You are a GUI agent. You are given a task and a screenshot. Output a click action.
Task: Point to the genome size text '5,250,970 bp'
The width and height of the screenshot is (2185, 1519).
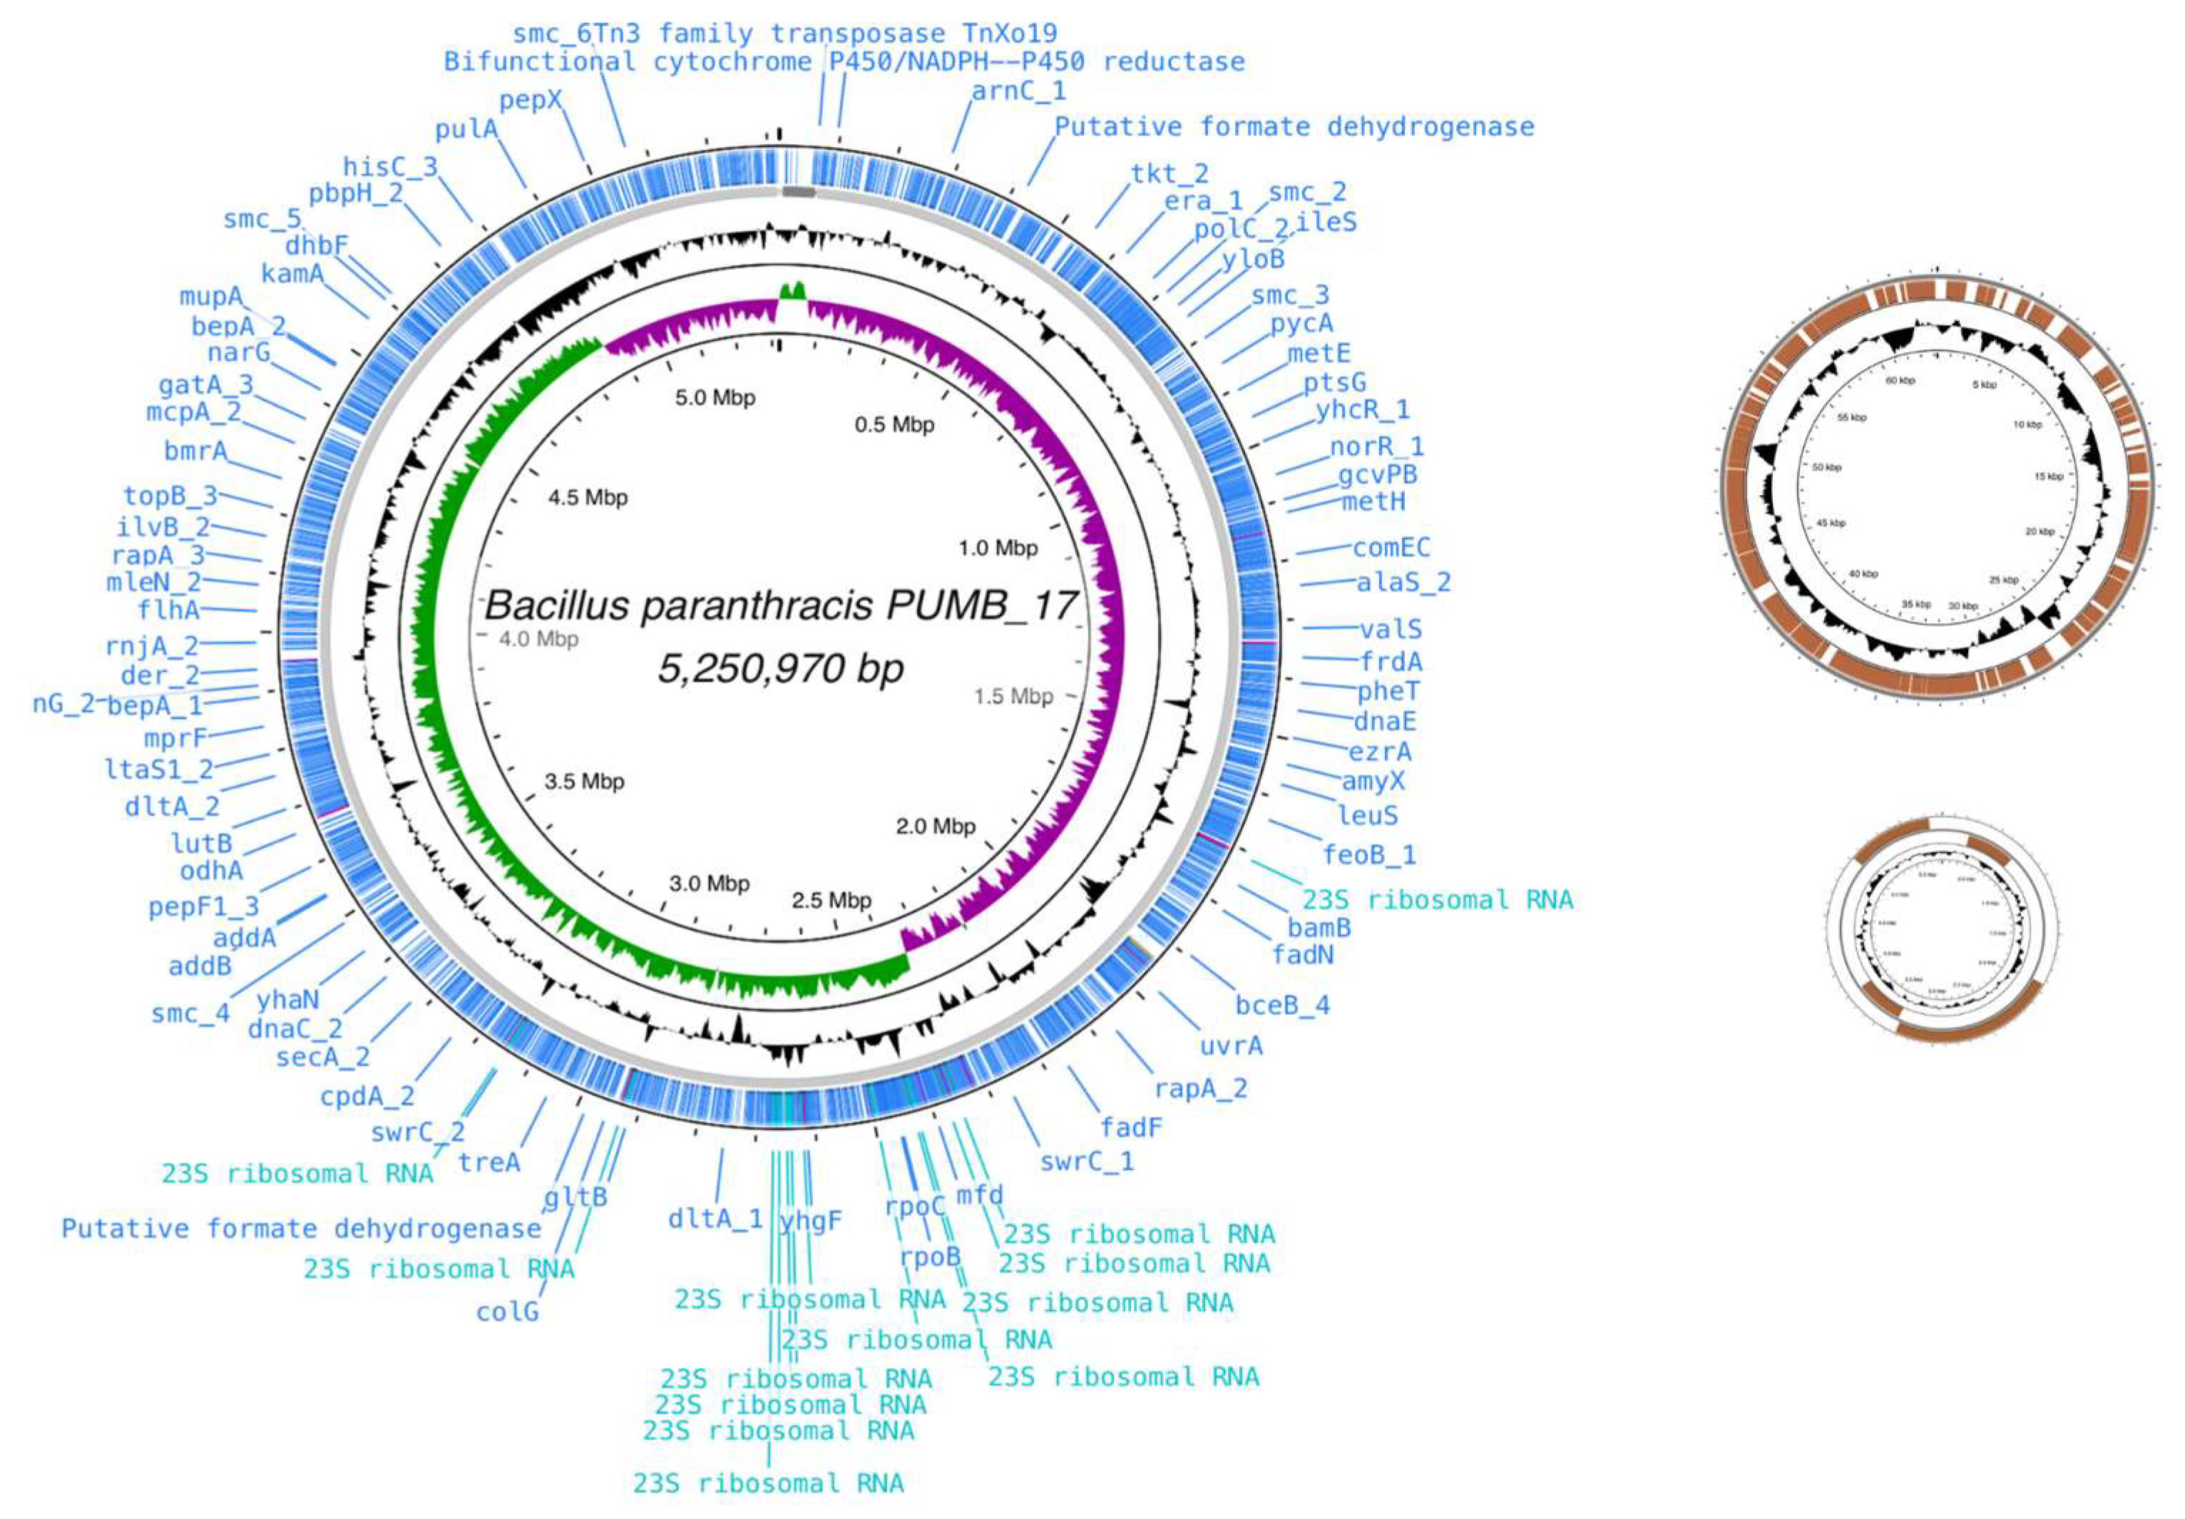pyautogui.click(x=780, y=669)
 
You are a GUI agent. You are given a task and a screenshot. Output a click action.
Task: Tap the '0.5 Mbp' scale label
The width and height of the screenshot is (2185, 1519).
pyautogui.click(x=894, y=424)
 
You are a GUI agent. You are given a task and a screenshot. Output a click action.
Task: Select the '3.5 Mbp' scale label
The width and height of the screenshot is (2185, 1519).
pyautogui.click(x=584, y=782)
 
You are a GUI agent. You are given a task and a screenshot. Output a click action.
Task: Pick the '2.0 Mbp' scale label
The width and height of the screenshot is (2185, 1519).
pyautogui.click(x=936, y=826)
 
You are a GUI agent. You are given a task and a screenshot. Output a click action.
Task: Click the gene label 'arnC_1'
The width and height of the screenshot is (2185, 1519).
pyautogui.click(x=1018, y=91)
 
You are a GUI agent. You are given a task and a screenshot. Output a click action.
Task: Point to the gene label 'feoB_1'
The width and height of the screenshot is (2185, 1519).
pyautogui.click(x=1369, y=854)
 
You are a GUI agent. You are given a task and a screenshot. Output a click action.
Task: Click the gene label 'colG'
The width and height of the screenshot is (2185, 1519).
pyautogui.click(x=507, y=1311)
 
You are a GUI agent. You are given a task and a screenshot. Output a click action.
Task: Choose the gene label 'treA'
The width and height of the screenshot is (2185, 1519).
pyautogui.click(x=489, y=1162)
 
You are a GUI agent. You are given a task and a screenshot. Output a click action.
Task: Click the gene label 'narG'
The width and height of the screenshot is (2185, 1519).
pyautogui.click(x=239, y=353)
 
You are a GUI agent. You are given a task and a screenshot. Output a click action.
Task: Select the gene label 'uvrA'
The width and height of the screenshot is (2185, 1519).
pyautogui.click(x=1232, y=1046)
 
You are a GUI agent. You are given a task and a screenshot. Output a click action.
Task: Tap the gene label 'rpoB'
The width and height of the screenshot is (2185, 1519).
pyautogui.click(x=930, y=1257)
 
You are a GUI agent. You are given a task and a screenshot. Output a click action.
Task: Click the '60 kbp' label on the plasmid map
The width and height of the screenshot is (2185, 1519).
pyautogui.click(x=1900, y=381)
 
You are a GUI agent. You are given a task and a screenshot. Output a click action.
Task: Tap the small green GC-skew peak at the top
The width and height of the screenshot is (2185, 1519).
pyautogui.click(x=793, y=290)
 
